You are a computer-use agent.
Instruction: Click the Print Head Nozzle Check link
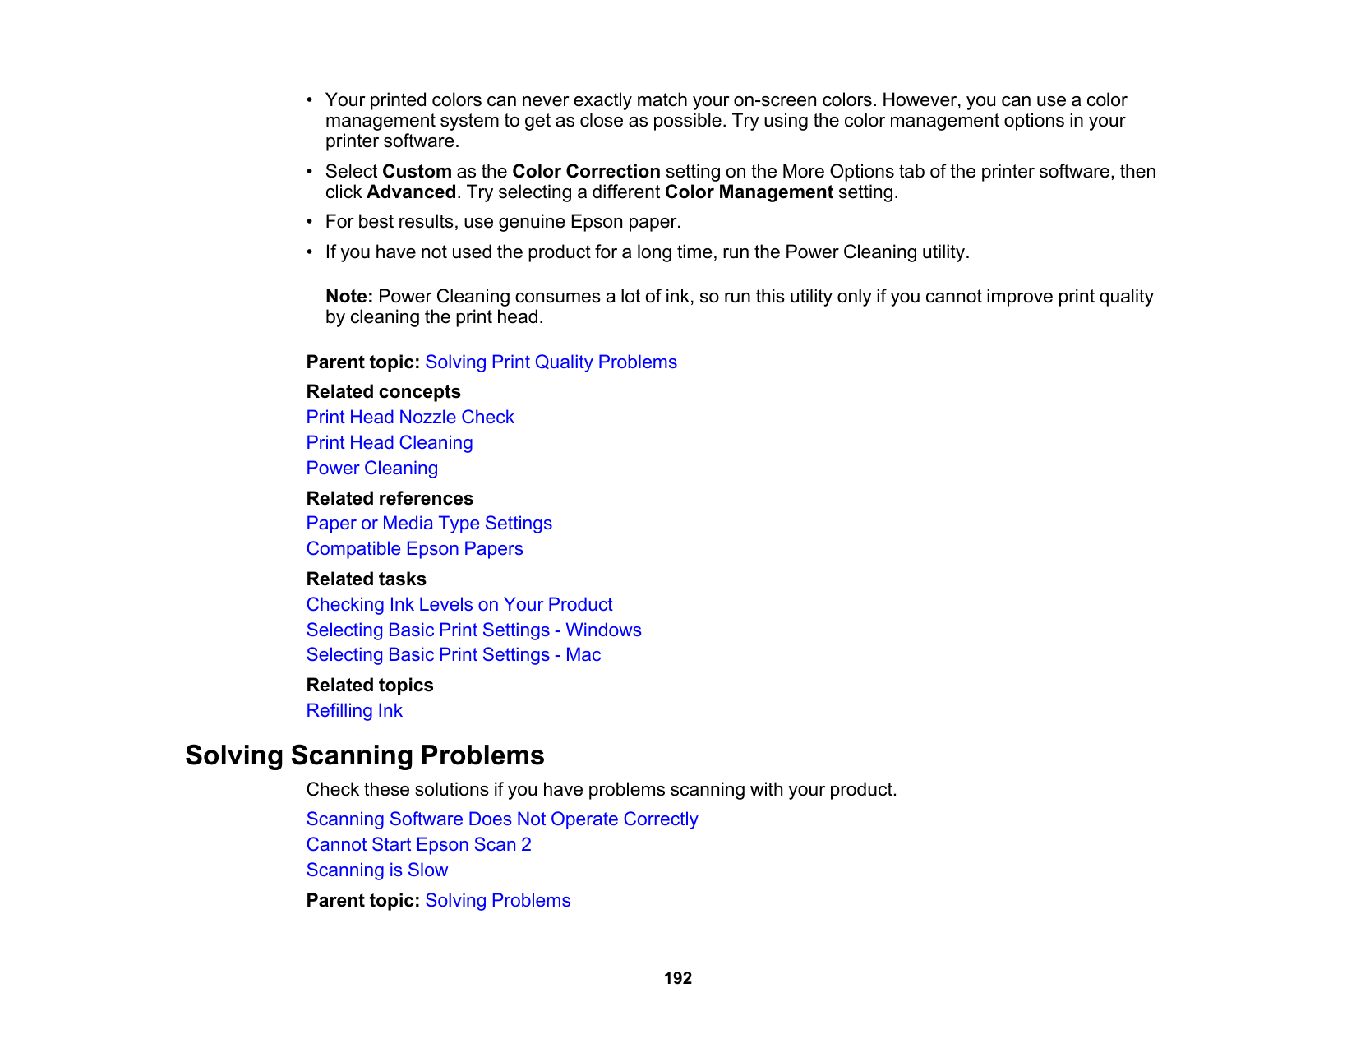[410, 418]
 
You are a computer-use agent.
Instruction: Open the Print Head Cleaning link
[390, 443]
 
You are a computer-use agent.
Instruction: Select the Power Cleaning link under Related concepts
[372, 469]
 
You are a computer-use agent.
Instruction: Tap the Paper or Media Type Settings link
[429, 524]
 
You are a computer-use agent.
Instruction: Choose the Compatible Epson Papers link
[414, 549]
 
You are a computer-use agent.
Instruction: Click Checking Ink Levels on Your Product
[459, 605]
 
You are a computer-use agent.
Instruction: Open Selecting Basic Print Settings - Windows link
[473, 630]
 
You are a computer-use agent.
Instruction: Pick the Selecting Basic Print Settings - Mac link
[454, 655]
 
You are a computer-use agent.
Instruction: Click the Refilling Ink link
[354, 711]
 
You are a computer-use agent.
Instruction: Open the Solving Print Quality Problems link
[551, 362]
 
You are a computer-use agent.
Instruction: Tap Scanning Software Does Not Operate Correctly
[502, 819]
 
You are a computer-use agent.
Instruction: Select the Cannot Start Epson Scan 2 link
[418, 845]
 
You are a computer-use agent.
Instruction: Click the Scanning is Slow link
[377, 870]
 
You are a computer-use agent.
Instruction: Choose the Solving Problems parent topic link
[497, 901]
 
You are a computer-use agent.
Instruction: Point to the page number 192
[678, 978]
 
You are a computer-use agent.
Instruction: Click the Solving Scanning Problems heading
[365, 755]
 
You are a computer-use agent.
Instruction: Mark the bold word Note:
[349, 297]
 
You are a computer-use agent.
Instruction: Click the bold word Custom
[417, 172]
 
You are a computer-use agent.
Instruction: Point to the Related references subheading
[390, 499]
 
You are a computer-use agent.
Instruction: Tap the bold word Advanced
[411, 192]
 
